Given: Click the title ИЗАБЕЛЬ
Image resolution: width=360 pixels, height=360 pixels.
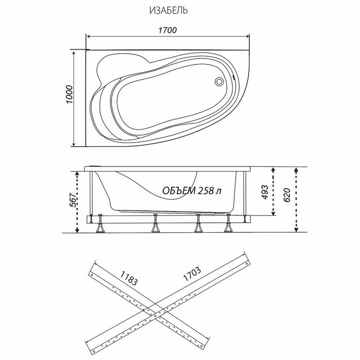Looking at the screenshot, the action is pos(168,10).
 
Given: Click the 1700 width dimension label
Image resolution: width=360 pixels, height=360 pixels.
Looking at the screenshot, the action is pos(167,30).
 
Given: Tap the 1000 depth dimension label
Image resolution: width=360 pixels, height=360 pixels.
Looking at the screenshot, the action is pos(69,94).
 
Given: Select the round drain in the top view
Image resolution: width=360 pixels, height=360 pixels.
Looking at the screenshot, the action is pos(219,81).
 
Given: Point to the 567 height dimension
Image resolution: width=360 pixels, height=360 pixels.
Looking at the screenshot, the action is pos(73,200).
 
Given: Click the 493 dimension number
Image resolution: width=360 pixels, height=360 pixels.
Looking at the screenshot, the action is pos(265,192).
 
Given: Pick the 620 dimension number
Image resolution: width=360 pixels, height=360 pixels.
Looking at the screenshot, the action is pos(287,195).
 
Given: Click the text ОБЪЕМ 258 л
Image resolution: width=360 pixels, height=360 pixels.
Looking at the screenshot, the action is pos(192,190).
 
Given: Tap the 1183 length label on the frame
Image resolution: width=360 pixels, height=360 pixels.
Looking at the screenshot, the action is pos(129,278).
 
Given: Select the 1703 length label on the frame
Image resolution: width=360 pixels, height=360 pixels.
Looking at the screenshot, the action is pos(192,274).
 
